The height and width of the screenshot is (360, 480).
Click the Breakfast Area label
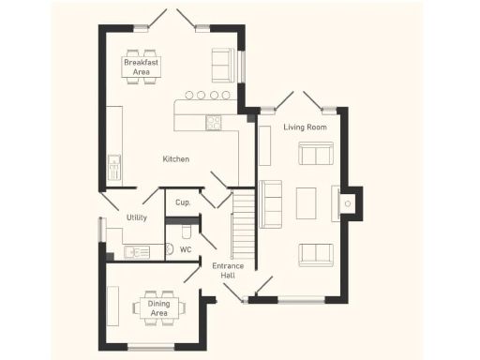point(142,67)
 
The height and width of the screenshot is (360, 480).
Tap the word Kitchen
point(175,159)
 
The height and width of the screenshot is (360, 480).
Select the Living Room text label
point(305,127)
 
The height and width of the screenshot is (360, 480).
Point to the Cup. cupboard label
point(184,202)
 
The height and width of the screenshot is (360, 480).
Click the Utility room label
point(137,217)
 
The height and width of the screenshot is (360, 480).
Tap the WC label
point(186,250)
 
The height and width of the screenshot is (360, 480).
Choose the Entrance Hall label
point(228,271)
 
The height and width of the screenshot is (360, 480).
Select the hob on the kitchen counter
point(214,122)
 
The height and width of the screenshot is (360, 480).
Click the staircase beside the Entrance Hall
point(243,225)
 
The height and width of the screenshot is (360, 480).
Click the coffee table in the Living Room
point(306,203)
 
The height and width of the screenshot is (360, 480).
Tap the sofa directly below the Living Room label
point(315,154)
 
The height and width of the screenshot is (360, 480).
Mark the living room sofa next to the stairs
point(271,203)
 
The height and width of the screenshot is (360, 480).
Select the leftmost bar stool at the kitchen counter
point(188,95)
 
